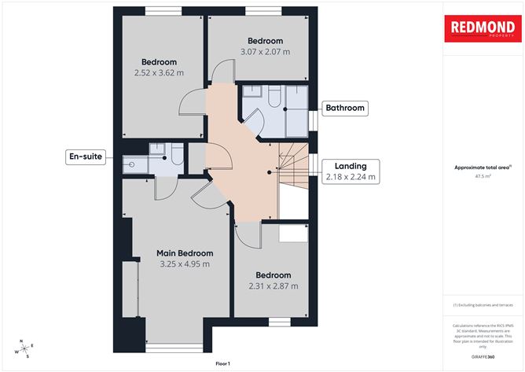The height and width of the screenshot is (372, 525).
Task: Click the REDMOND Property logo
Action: click(483, 29)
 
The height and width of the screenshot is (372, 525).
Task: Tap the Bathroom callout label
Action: click(346, 108)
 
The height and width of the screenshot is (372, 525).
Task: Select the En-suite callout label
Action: click(84, 157)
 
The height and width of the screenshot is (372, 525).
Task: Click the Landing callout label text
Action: click(351, 165)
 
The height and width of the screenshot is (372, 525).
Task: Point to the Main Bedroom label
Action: click(185, 252)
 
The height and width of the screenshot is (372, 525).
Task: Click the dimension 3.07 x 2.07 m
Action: click(264, 52)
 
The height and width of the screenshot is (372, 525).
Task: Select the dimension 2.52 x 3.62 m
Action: click(159, 73)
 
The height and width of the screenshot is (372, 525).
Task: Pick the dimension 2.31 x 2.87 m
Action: click(271, 285)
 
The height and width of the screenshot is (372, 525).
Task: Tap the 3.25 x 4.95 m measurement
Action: click(185, 263)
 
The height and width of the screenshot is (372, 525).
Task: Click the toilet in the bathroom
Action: click(270, 95)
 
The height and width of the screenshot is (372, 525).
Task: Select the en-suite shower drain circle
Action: click(132, 164)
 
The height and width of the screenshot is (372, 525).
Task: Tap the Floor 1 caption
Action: click(222, 363)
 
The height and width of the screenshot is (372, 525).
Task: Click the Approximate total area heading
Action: click(481, 168)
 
